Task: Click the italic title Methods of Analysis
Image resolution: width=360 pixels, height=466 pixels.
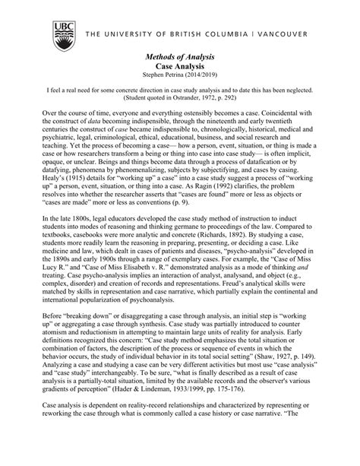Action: click(x=179, y=59)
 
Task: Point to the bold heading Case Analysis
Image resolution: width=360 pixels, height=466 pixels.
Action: click(x=179, y=68)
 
